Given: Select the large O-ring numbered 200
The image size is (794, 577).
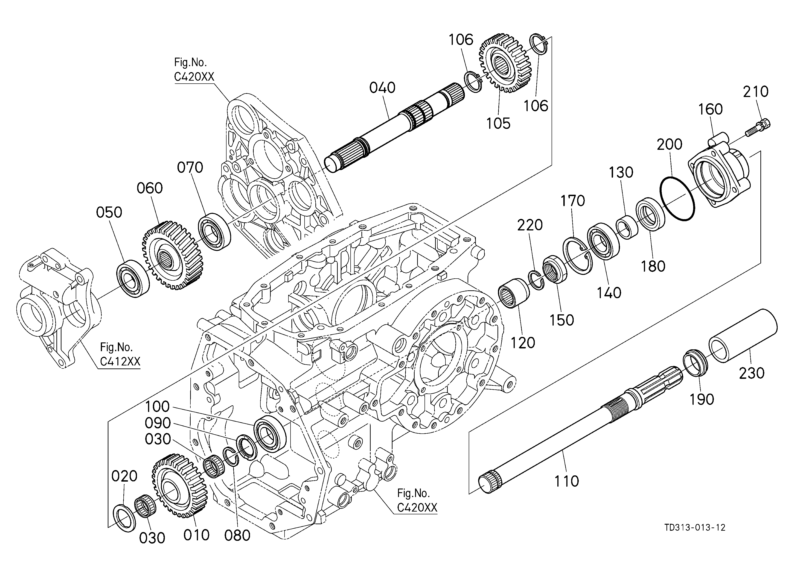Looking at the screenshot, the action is click(x=677, y=198).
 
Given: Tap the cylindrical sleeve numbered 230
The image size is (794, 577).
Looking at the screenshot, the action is click(x=743, y=335).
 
